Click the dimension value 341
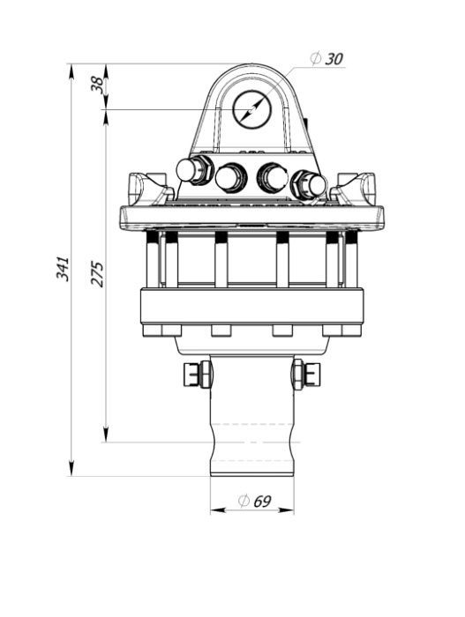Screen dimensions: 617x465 coord(63,268)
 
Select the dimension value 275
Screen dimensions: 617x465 coord(97,273)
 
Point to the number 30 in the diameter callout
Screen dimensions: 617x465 coord(334,59)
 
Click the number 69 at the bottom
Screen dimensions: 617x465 coord(261,502)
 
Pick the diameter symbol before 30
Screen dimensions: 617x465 coord(316,59)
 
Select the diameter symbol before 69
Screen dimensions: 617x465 coord(243,502)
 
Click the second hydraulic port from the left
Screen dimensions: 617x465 coord(230,178)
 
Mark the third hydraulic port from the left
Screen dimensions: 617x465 coord(272,178)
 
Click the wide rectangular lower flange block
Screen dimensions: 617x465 coord(252,307)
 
